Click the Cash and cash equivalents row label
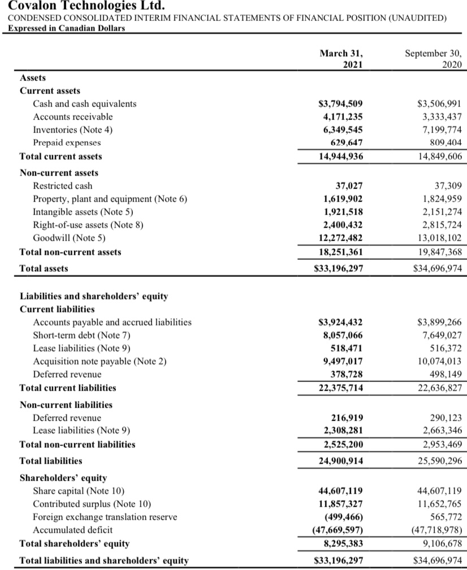[x=85, y=104]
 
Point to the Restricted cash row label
[x=63, y=186]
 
